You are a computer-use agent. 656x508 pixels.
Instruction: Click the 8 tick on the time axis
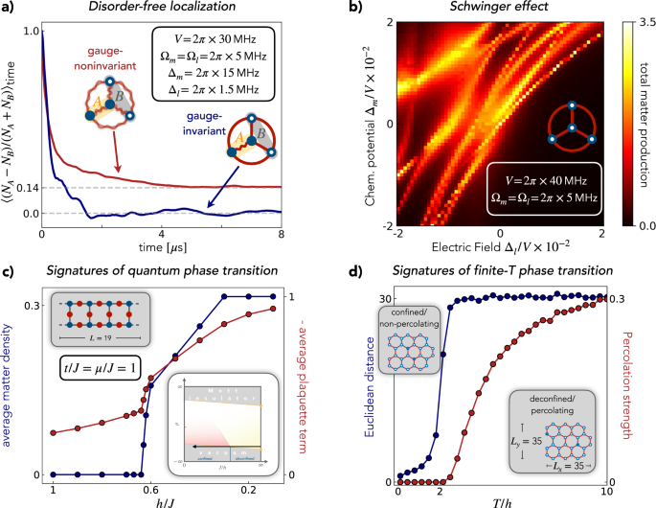click(x=280, y=233)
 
